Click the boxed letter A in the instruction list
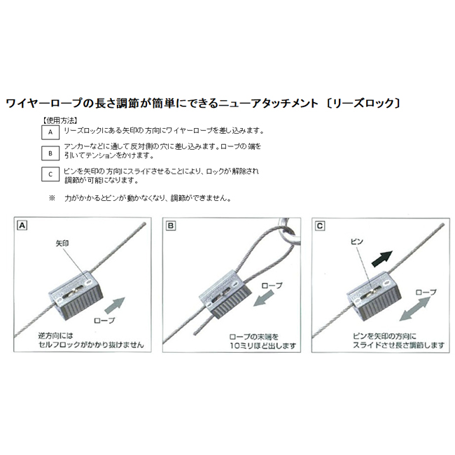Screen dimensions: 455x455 point(50,132)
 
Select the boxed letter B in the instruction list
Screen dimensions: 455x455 point(50,153)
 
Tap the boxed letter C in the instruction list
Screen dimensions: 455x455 point(50,174)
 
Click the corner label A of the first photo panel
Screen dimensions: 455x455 point(22,225)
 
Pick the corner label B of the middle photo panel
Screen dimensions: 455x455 point(171,226)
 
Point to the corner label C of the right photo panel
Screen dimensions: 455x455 point(320,226)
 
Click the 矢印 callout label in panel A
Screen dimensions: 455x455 point(62,243)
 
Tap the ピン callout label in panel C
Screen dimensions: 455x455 point(357,241)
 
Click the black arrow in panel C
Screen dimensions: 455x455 point(382,259)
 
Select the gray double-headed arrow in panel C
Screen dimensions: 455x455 point(414,309)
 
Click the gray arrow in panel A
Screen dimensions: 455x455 point(115,306)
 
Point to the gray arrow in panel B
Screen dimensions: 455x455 point(264,298)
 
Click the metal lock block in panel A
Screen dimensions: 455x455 point(76,295)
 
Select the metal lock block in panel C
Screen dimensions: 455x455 point(374,295)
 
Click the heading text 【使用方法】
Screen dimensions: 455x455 point(59,120)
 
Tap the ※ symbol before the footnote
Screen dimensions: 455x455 point(52,198)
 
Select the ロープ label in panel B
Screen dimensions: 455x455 point(272,286)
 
